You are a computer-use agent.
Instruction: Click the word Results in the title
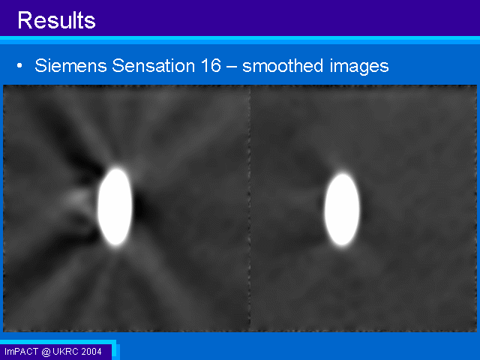coord(57,20)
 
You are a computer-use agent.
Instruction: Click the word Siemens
coord(70,65)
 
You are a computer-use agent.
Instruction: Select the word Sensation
coord(153,65)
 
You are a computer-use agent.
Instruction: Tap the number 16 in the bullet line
coord(211,65)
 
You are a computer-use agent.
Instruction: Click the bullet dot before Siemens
coord(19,65)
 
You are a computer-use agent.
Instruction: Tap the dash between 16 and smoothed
coord(232,67)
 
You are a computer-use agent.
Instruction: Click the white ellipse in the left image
coord(115,206)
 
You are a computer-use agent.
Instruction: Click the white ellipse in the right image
coord(342,209)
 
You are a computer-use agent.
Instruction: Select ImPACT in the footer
coord(22,352)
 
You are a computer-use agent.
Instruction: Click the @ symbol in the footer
coord(46,352)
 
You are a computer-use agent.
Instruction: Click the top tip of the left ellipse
coord(116,167)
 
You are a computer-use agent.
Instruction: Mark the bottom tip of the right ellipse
coord(342,245)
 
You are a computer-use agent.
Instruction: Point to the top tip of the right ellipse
coord(343,173)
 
